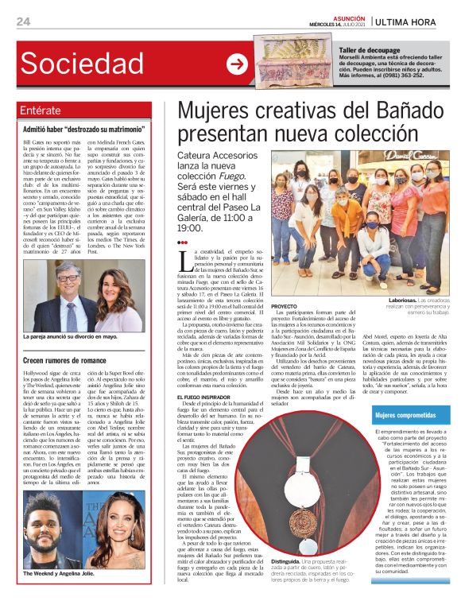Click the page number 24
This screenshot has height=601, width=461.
(x=23, y=21)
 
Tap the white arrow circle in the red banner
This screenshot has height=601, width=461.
(x=237, y=65)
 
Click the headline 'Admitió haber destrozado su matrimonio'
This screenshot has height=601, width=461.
(x=83, y=129)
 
